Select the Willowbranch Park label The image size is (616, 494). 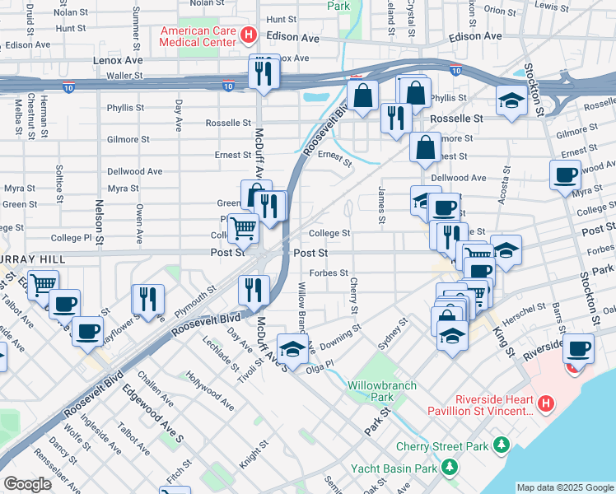coord(381,391)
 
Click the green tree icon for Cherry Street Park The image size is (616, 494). coord(501,445)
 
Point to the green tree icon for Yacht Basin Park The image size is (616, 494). coord(449,468)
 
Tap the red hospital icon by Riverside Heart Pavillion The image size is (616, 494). coord(545,403)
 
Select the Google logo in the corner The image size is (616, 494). coord(27,483)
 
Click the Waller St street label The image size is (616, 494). coord(125,75)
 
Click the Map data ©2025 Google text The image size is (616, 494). coord(565,487)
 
